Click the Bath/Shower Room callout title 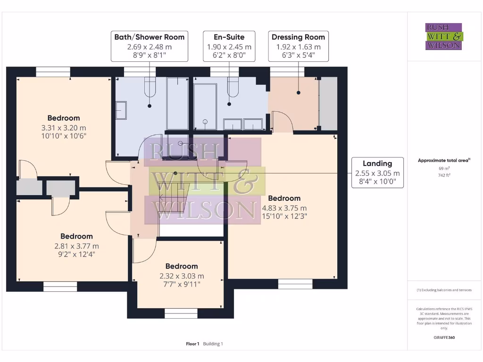(x=149, y=37)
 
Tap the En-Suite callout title (x=229, y=37)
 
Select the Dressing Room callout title (x=298, y=37)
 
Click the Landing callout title (x=377, y=164)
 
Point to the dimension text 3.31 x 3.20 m (x=63, y=128)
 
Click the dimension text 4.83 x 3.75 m (x=284, y=208)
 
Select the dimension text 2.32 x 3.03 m (x=182, y=276)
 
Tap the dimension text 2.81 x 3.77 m (x=76, y=246)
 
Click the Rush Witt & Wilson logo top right (x=443, y=36)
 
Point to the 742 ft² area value (x=443, y=175)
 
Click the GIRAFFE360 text (x=443, y=337)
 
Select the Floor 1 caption (x=192, y=344)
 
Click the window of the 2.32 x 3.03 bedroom (x=181, y=313)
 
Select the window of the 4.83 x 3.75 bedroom (x=295, y=284)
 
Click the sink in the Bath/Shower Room (x=121, y=110)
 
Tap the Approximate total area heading (x=443, y=161)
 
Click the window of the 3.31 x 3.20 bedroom (x=53, y=72)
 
